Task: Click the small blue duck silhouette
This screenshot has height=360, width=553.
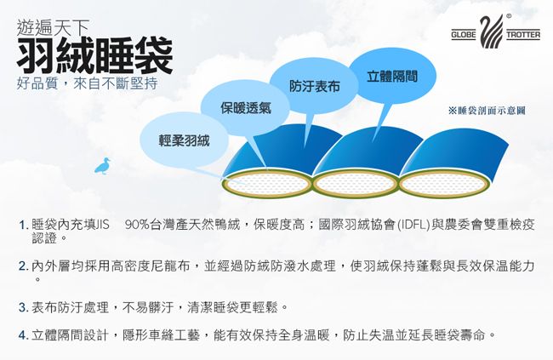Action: click(102, 166)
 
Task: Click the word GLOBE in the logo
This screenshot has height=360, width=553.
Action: click(464, 35)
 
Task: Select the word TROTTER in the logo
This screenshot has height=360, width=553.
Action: click(523, 35)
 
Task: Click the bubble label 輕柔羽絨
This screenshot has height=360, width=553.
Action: click(184, 140)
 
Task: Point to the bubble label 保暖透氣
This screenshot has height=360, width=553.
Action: click(246, 107)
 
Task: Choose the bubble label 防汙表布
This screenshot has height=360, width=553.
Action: click(315, 86)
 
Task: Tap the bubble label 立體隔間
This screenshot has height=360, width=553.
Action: click(392, 77)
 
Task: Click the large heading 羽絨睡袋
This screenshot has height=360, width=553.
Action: click(95, 55)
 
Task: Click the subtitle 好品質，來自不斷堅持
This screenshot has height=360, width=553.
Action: click(87, 83)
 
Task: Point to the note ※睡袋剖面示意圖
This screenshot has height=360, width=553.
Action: click(487, 111)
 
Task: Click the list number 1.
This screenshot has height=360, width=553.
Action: click(23, 225)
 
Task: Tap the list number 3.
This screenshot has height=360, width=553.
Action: click(23, 307)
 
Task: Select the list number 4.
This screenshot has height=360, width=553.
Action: click(23, 335)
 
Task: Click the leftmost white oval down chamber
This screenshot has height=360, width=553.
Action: click(267, 184)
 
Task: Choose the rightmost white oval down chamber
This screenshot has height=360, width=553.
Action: click(443, 185)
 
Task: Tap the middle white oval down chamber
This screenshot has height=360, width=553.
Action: click(355, 184)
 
